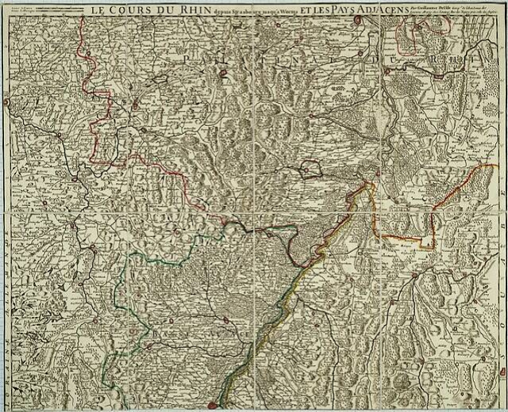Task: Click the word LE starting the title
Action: [98, 10]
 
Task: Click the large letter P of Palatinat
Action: [187, 59]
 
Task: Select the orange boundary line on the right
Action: [433, 214]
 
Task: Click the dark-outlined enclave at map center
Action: [310, 168]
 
